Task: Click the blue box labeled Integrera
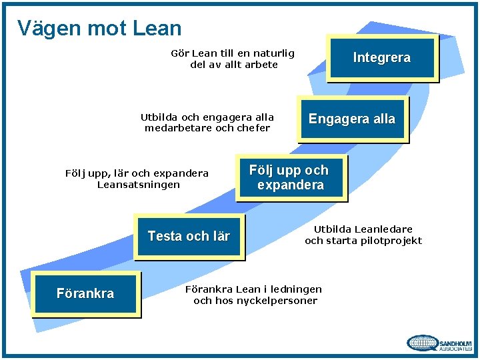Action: coord(381,58)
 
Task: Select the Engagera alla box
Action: coord(351,119)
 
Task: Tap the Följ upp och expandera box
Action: coord(289,177)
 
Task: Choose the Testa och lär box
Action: coord(189,236)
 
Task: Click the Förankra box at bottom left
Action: coord(85,293)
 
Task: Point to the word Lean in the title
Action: coord(157,28)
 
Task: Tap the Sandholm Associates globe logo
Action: coord(423,343)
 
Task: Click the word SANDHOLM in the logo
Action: coord(455,340)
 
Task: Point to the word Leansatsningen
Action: coord(138,185)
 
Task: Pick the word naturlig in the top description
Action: coord(273,53)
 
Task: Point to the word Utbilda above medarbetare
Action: coord(158,117)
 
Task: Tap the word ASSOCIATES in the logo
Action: coord(455,347)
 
